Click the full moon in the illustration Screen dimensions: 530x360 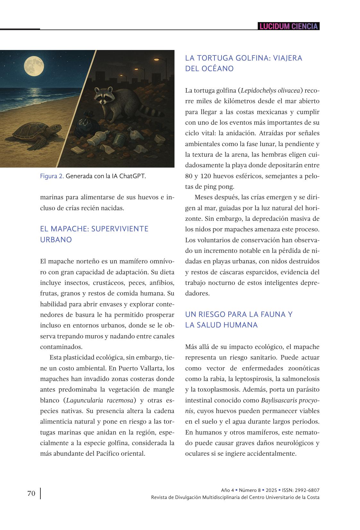click(x=34, y=65)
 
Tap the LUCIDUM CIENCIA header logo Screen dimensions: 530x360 click(x=289, y=26)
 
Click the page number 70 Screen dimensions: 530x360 click(x=31, y=493)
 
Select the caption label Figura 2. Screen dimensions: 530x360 click(x=52, y=176)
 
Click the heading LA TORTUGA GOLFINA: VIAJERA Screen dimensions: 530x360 click(x=244, y=58)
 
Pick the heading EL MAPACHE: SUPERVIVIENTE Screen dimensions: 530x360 click(x=94, y=229)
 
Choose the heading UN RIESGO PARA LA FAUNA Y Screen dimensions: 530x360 click(x=239, y=314)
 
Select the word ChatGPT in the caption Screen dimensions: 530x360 click(x=132, y=176)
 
